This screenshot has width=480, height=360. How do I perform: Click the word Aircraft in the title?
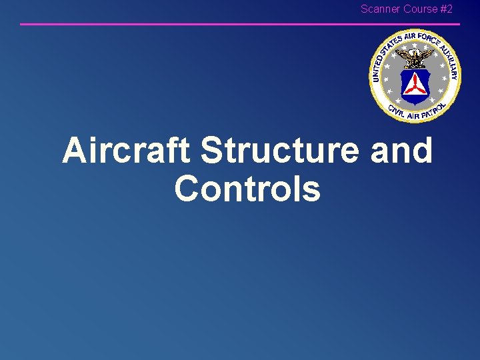[127, 151]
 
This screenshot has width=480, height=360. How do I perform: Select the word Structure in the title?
[280, 151]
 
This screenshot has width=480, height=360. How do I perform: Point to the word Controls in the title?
[247, 189]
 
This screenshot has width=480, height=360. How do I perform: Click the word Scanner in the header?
[381, 9]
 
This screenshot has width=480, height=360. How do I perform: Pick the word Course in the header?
[420, 9]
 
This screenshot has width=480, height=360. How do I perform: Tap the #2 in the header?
[446, 9]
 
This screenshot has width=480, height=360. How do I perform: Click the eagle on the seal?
[415, 59]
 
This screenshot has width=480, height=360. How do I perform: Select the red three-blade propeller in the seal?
[415, 85]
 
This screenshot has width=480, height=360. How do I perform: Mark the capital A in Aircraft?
[74, 151]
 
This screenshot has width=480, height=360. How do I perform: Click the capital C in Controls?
[187, 189]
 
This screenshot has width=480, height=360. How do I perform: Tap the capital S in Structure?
[212, 151]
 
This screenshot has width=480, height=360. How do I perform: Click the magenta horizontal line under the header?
[240, 24]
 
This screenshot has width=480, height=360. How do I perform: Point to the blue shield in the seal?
[415, 87]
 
